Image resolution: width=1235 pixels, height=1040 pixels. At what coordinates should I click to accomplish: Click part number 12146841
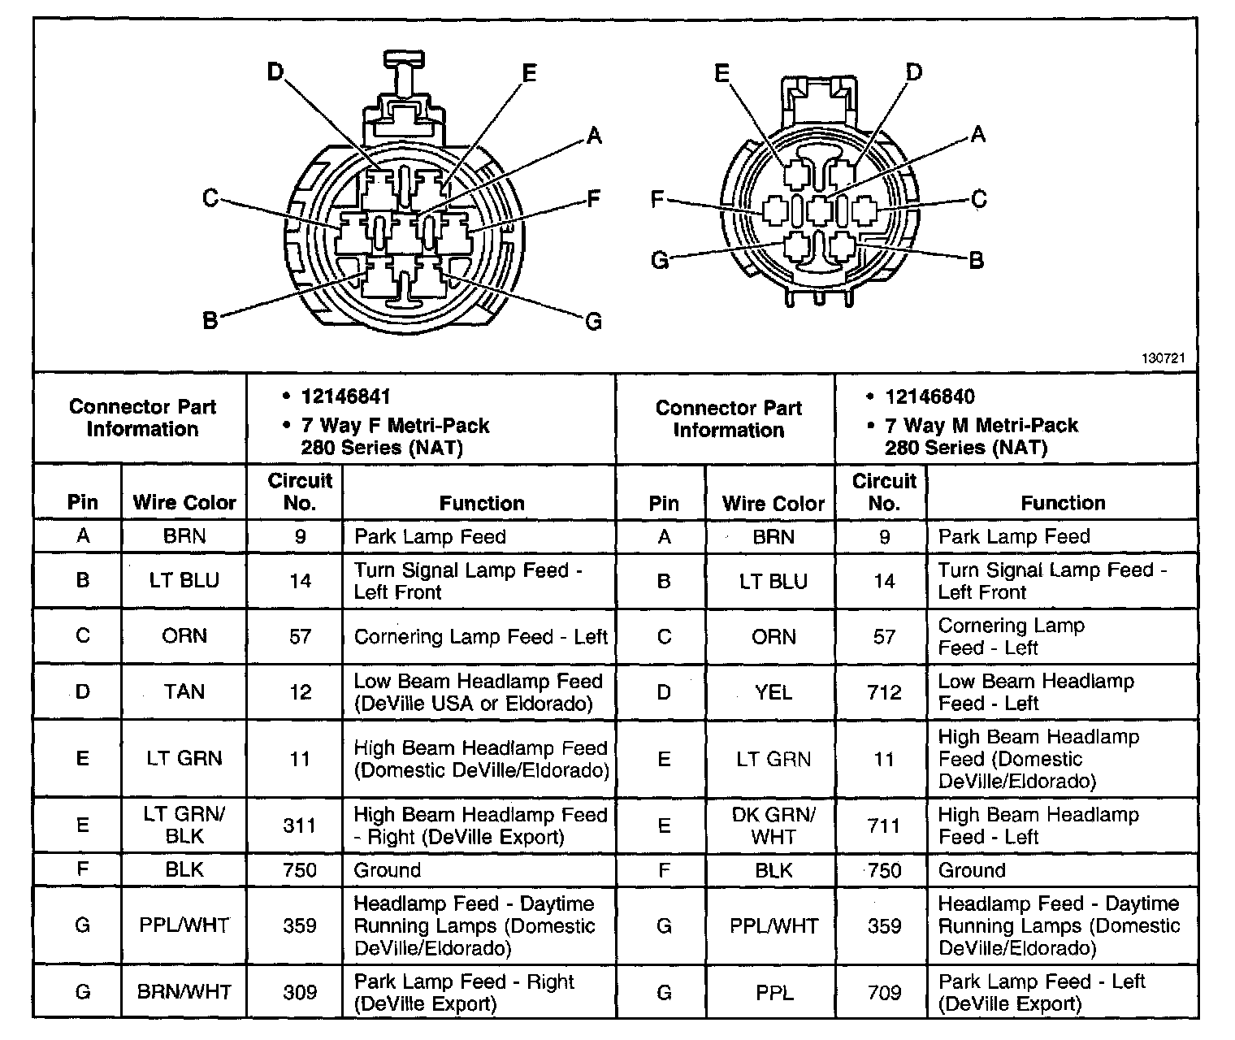(345, 396)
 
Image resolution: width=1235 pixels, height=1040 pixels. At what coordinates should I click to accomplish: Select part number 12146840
(929, 396)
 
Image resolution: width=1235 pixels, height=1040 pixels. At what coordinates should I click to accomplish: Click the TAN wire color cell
(184, 691)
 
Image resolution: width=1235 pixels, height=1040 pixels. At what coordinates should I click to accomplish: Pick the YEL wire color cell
(773, 692)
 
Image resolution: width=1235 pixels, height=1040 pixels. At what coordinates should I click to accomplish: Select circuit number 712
(884, 692)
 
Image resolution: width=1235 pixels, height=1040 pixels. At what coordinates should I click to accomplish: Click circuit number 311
(300, 825)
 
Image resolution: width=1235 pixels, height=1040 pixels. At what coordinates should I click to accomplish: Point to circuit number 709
(884, 992)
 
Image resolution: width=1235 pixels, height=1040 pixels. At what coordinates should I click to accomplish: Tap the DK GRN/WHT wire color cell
(773, 825)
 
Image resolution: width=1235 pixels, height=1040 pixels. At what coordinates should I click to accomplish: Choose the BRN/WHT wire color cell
(184, 992)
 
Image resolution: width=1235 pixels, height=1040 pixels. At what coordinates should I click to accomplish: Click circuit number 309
(300, 992)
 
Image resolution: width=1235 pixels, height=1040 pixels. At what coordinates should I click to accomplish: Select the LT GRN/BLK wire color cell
(184, 825)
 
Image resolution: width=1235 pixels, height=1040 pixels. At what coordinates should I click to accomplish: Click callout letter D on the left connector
(275, 73)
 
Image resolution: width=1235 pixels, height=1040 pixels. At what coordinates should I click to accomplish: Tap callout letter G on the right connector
(661, 260)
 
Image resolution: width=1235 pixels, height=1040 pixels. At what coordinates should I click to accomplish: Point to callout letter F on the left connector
(594, 198)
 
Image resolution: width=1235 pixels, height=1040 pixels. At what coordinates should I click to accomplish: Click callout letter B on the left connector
(210, 321)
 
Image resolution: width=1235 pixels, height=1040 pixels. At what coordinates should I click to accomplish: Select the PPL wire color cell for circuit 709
(773, 992)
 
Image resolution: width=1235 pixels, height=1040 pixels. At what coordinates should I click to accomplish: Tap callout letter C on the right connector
(979, 198)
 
